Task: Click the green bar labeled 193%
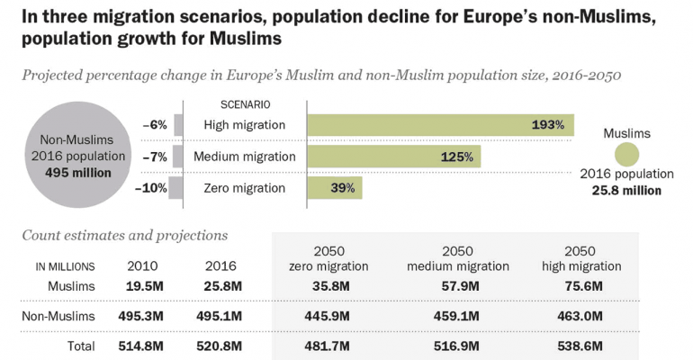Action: pos(440,124)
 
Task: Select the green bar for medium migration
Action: pos(393,157)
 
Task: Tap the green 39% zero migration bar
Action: pos(335,188)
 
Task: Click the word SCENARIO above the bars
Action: pos(246,103)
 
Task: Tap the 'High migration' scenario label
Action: pos(245,124)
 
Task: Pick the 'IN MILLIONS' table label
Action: pos(65,267)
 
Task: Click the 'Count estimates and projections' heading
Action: pos(124,236)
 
